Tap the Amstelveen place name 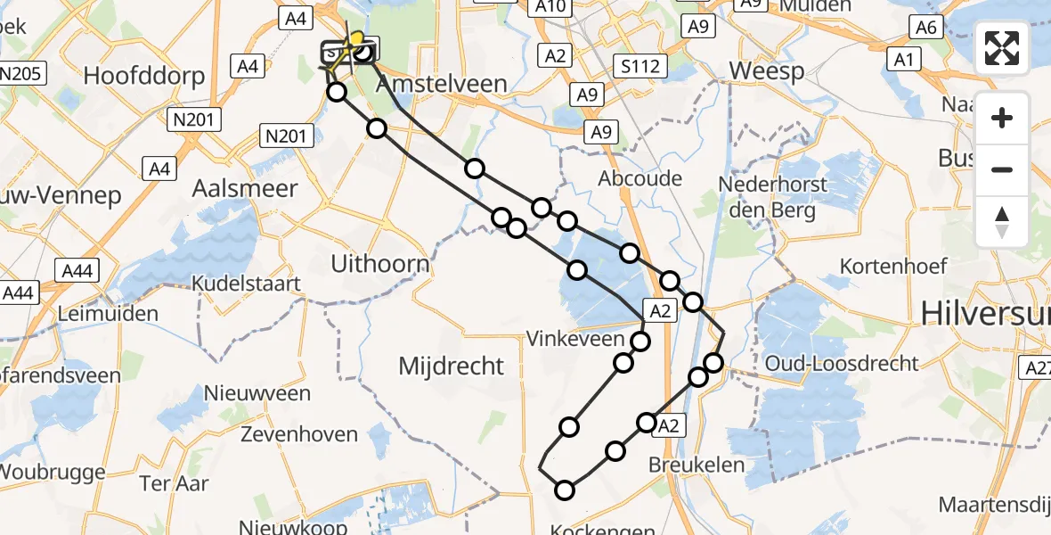click(x=442, y=85)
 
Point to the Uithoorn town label click(x=379, y=264)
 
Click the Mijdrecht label click(x=451, y=366)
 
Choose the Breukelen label click(x=684, y=465)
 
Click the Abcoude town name click(x=640, y=178)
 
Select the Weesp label click(x=766, y=70)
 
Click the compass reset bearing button click(x=1002, y=222)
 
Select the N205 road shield click(x=21, y=73)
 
